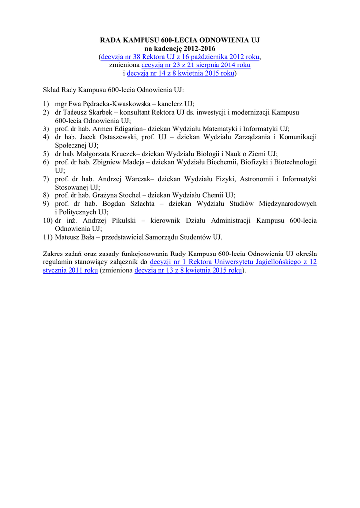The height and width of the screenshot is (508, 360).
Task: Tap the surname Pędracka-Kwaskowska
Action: [x=106, y=103]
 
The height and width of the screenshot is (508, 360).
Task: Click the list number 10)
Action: [x=48, y=220]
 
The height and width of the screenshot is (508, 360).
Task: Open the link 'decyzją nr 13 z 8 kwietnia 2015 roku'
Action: [x=188, y=271]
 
